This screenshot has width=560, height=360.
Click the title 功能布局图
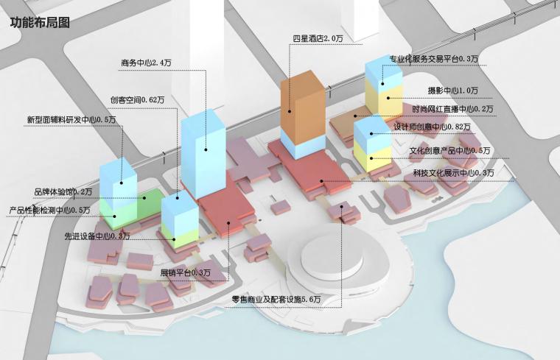coord(40,21)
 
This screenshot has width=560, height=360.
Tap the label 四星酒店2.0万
coord(318,38)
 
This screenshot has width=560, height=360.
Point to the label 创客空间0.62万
coord(133,100)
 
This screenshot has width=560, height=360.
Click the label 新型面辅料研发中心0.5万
coord(71,119)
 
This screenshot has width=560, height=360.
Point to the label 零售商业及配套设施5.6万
coord(276,300)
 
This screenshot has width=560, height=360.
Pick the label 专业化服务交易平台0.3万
coord(434,58)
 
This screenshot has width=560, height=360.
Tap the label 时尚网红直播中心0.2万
coord(452,109)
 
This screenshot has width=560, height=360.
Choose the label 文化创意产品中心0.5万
coord(450,151)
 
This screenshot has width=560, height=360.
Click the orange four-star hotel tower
coord(301,107)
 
